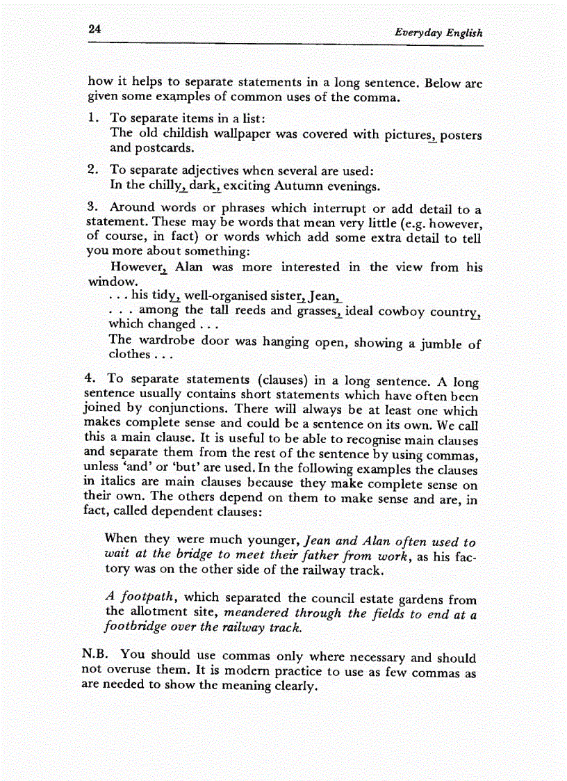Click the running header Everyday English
click(x=438, y=33)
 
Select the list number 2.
click(x=92, y=171)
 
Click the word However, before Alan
click(x=140, y=268)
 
